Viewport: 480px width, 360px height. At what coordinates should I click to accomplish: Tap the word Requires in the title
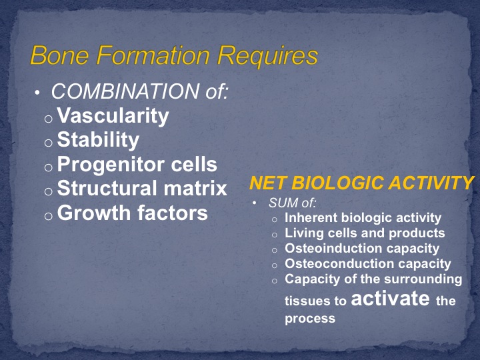[267, 57]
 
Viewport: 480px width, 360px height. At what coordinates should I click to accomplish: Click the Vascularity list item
[113, 116]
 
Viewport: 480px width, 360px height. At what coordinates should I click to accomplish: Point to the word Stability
[98, 140]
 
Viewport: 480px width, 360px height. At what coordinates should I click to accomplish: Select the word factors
[173, 213]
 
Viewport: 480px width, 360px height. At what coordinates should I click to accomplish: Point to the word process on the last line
[310, 319]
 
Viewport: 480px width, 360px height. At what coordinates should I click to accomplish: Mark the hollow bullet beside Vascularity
[49, 119]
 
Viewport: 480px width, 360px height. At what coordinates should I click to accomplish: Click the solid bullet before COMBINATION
[37, 93]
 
